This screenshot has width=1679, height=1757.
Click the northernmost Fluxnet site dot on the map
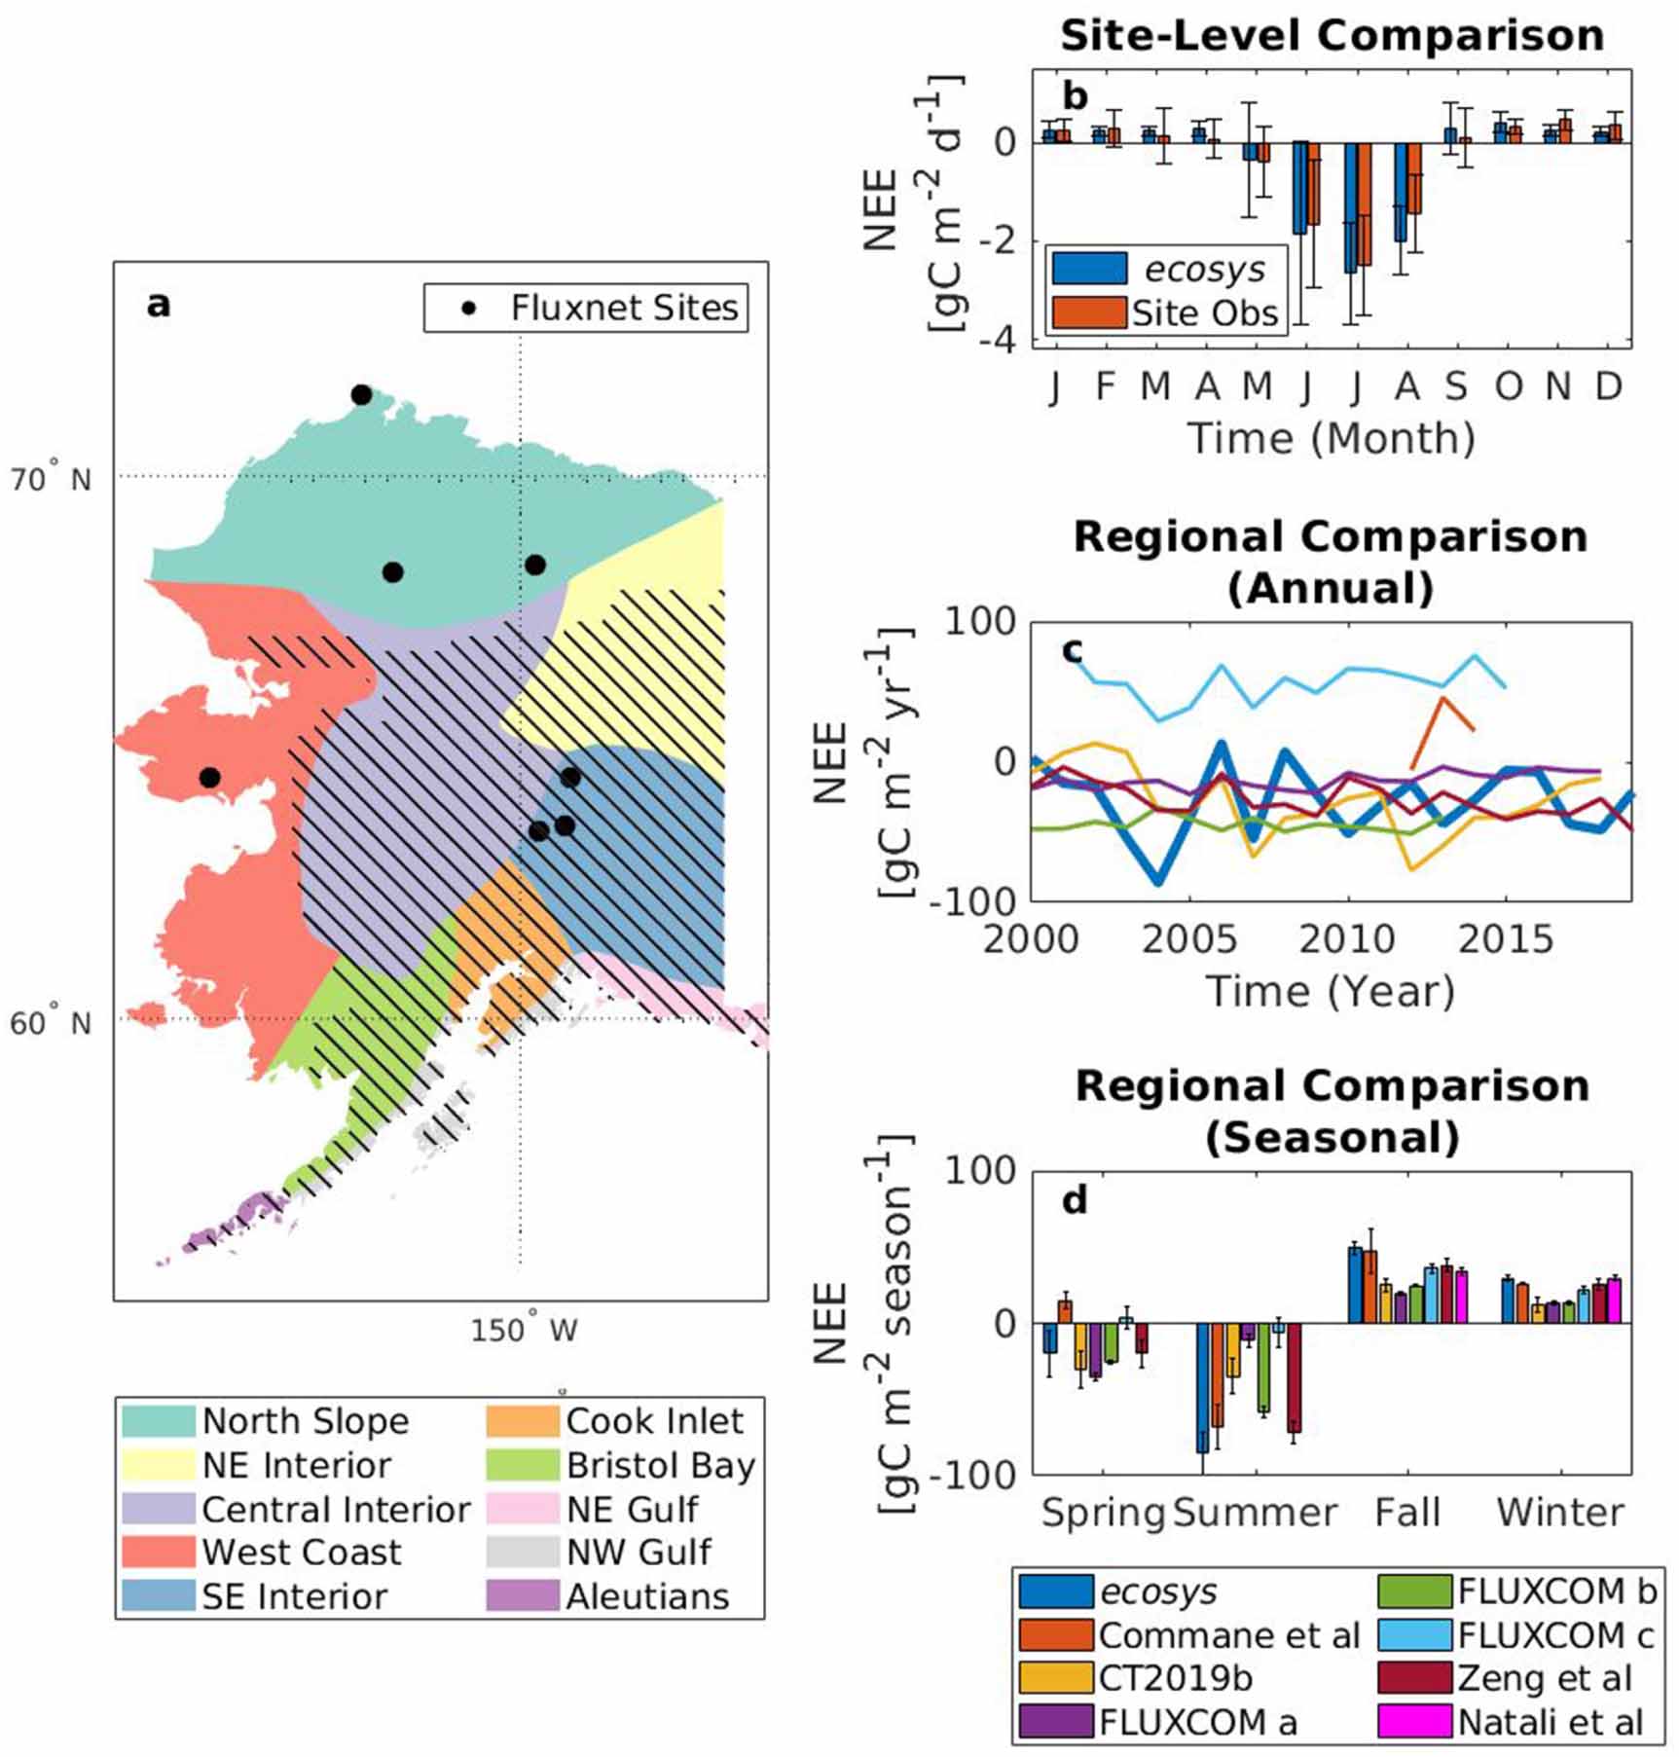pyautogui.click(x=361, y=395)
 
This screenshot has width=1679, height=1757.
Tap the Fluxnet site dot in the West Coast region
pyautogui.click(x=209, y=778)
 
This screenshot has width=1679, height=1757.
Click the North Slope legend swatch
pyautogui.click(x=158, y=1421)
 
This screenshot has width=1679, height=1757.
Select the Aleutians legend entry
pyautogui.click(x=647, y=1596)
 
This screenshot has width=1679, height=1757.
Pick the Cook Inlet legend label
pyautogui.click(x=654, y=1421)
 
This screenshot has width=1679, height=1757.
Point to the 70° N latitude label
pyautogui.click(x=51, y=479)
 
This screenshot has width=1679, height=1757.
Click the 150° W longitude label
pyautogui.click(x=524, y=1330)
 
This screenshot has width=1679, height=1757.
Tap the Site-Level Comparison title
pyautogui.click(x=1332, y=36)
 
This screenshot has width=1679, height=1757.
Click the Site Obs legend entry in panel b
pyautogui.click(x=1204, y=313)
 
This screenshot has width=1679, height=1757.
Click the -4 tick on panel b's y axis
pyautogui.click(x=1004, y=340)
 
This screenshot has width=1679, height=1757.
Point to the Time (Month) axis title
pyautogui.click(x=1331, y=438)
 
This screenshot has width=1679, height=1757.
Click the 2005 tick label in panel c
pyautogui.click(x=1188, y=939)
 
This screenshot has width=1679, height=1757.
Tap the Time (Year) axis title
pyautogui.click(x=1331, y=992)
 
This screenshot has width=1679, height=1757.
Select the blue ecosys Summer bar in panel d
pyautogui.click(x=1203, y=1387)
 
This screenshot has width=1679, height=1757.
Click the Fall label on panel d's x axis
pyautogui.click(x=1406, y=1513)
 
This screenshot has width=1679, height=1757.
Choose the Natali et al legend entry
pyautogui.click(x=1550, y=1722)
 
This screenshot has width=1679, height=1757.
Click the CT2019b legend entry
pyautogui.click(x=1175, y=1678)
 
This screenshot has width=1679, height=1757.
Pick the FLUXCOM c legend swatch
pyautogui.click(x=1414, y=1635)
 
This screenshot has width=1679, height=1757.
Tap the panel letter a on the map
pyautogui.click(x=159, y=305)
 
